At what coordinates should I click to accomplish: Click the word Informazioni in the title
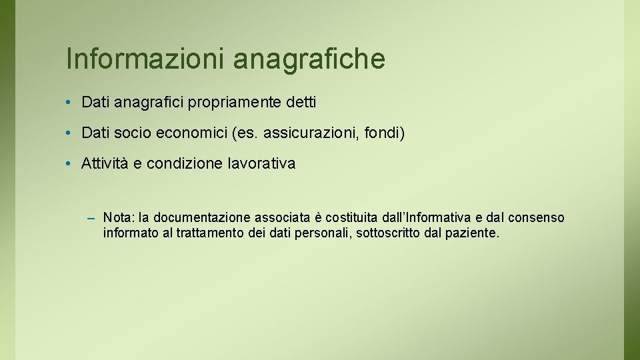click(145, 59)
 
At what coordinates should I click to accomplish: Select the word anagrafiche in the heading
click(309, 59)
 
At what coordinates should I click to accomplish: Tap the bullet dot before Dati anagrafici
click(69, 103)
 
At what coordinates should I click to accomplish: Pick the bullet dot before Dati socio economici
click(69, 133)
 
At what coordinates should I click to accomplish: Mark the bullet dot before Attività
click(69, 164)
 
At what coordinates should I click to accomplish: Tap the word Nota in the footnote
click(117, 218)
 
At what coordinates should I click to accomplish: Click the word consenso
click(536, 218)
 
